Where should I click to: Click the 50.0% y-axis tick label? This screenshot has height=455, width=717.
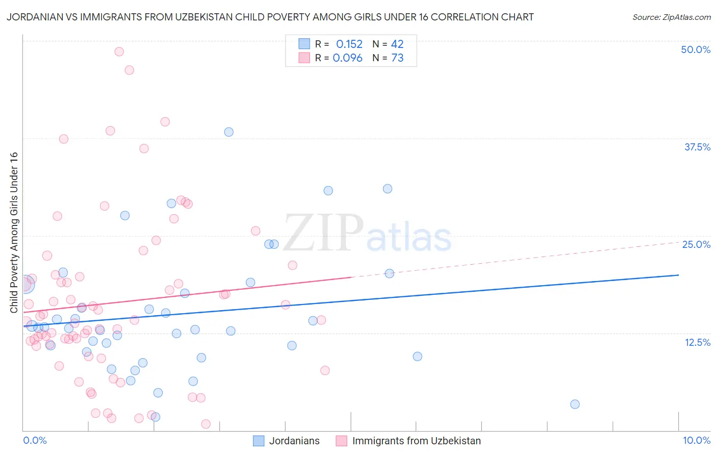696,49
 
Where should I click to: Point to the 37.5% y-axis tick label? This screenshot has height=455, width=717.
697,147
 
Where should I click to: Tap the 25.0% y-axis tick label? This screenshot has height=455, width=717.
696,244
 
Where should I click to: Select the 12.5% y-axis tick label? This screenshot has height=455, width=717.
697,342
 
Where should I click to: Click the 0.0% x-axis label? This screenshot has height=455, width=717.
35,440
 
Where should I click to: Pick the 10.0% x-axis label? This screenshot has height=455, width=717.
697,440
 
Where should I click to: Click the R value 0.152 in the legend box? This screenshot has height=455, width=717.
349,44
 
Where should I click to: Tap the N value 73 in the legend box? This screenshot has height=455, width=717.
397,58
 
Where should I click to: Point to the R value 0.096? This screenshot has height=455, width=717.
347,58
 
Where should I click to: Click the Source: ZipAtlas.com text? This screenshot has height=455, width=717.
671,17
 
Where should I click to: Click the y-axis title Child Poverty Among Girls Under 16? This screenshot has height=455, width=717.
14,233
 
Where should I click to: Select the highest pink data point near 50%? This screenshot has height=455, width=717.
119,52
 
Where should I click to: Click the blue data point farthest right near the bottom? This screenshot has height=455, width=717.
575,404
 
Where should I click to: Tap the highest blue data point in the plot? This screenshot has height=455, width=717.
229,132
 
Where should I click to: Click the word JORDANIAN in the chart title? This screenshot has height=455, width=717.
34,17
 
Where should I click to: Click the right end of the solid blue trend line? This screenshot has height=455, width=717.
679,275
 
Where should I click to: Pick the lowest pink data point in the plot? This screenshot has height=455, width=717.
206,424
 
